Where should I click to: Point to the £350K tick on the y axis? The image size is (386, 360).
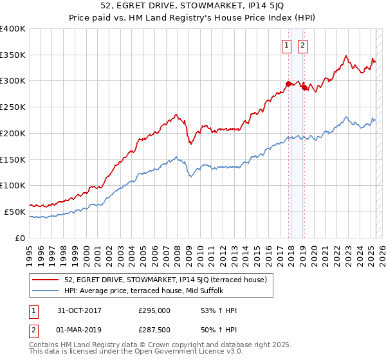pos(13,55)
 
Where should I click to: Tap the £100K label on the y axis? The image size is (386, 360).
pos(13,186)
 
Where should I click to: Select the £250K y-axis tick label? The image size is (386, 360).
pos(13,107)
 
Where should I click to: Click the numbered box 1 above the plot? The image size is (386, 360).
pos(285,45)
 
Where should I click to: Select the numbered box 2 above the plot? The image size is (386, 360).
pos(302,45)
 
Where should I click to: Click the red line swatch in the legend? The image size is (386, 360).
pos(46,279)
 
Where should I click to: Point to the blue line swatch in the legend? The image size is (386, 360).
pos(46,291)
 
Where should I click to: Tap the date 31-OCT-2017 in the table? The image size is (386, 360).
pos(79,310)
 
